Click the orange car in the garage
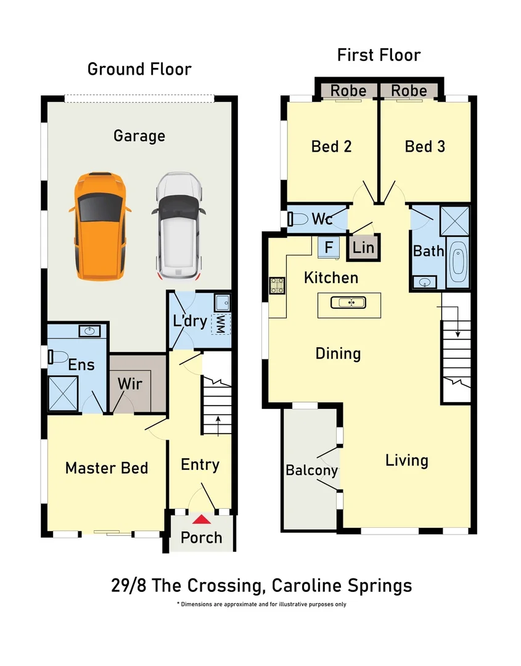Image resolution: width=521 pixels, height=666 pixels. click(x=101, y=226)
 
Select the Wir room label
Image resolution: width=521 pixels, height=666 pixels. click(x=130, y=384)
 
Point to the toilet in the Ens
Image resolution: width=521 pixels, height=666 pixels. click(x=59, y=357)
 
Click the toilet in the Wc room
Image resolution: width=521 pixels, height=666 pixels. click(x=299, y=219)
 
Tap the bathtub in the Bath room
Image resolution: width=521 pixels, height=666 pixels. click(x=457, y=261)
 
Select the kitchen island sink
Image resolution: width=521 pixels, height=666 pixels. click(x=349, y=302)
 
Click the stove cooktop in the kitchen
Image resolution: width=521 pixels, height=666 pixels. click(x=276, y=286)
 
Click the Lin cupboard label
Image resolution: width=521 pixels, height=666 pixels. click(x=363, y=249)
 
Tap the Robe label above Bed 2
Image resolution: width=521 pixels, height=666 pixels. click(x=348, y=91)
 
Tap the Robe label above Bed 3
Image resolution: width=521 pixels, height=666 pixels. click(x=409, y=91)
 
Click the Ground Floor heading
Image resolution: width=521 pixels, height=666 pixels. click(x=139, y=68)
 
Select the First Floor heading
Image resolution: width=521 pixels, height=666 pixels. click(x=379, y=55)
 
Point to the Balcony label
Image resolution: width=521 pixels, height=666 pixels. click(x=311, y=471)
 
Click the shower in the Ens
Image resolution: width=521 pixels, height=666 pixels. click(x=64, y=393)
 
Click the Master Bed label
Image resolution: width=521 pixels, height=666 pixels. click(x=107, y=468)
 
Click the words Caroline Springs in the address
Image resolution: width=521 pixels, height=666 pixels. click(x=346, y=585)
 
